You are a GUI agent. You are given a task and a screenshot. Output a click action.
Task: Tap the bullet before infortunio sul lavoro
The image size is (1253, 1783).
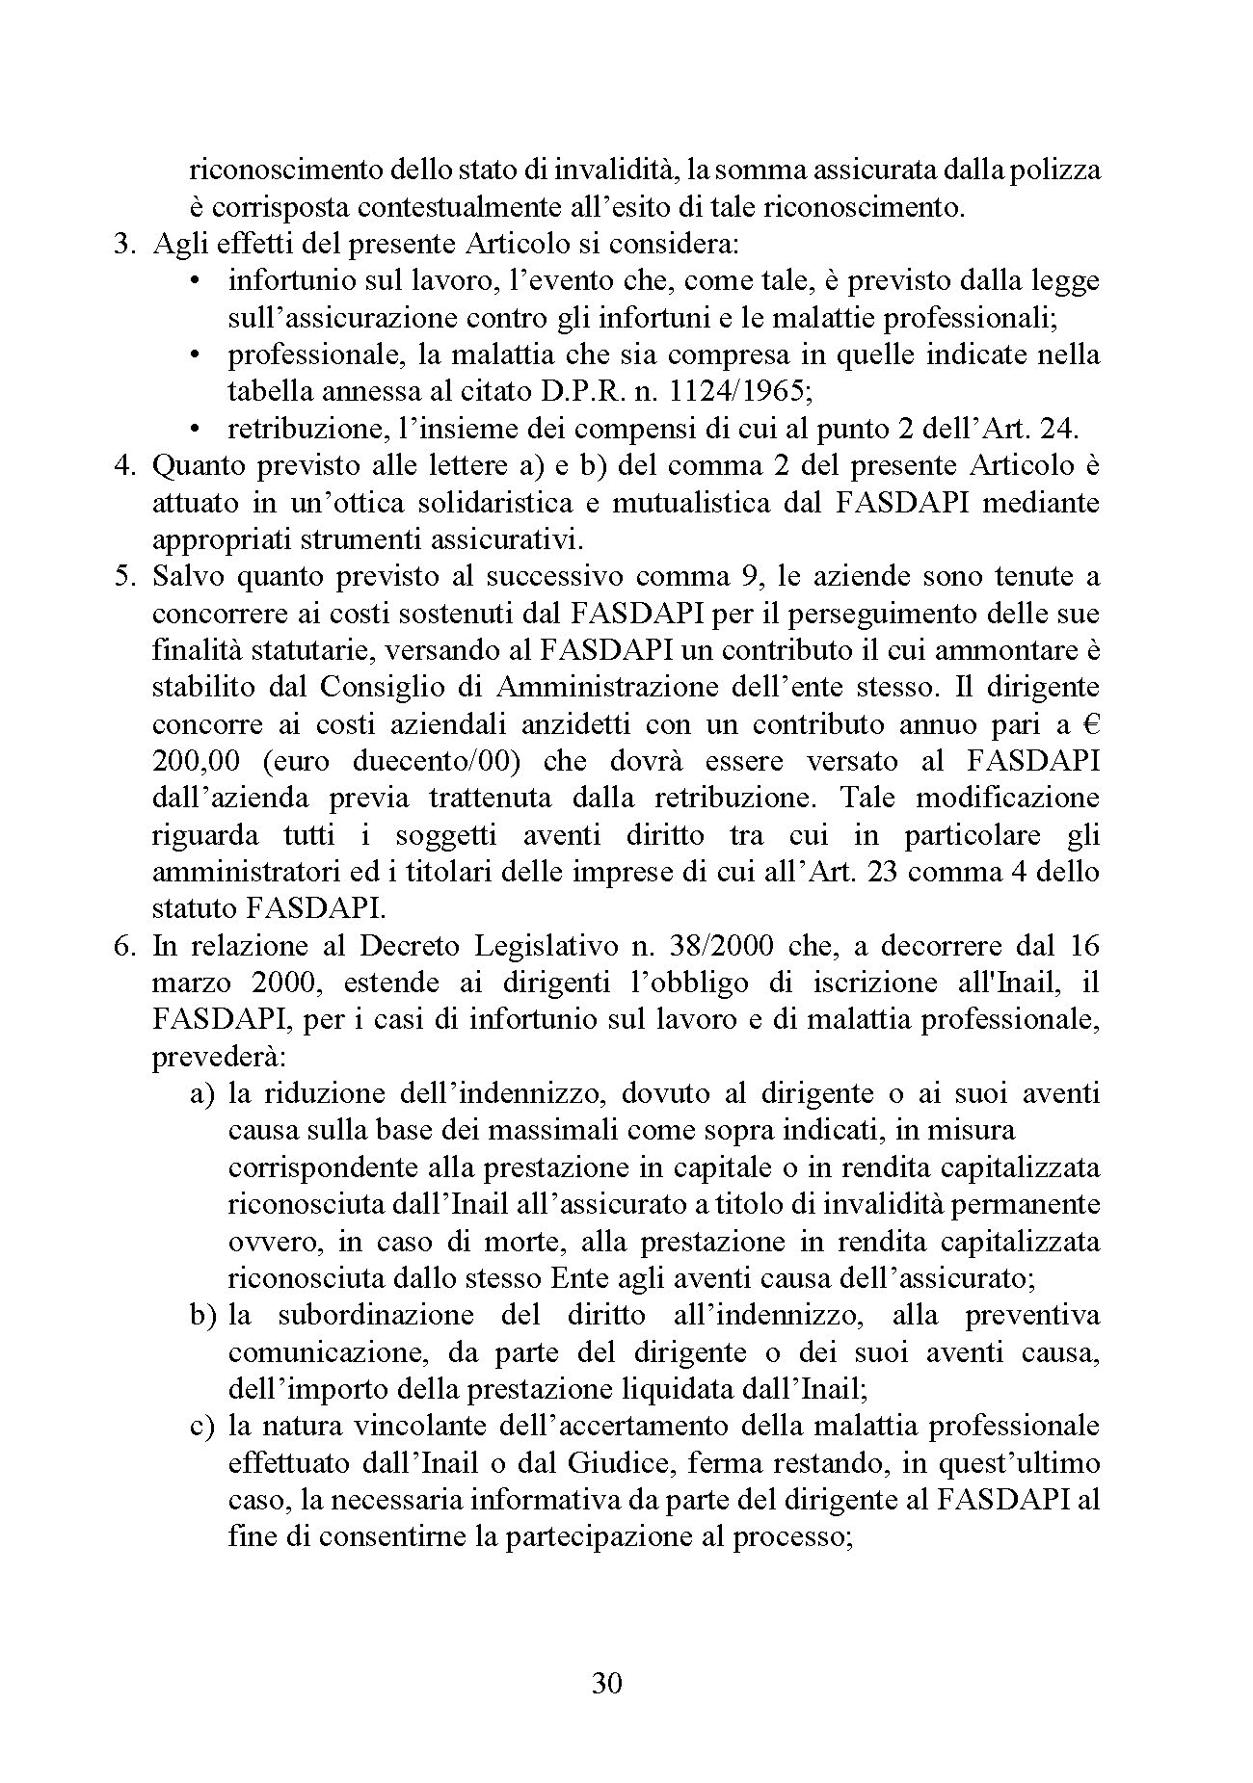click(x=196, y=281)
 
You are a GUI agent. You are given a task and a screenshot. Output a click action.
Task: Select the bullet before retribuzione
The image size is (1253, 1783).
click(x=196, y=429)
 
